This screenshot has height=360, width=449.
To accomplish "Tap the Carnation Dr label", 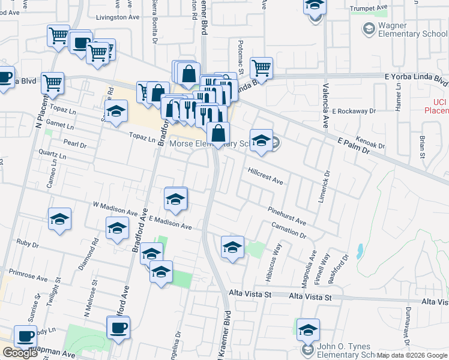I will tap(289, 230).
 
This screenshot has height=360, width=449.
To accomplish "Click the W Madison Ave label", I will tap(115, 211).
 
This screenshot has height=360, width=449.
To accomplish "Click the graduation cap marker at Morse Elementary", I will tap(261, 141).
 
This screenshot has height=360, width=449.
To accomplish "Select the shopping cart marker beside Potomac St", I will tap(262, 68).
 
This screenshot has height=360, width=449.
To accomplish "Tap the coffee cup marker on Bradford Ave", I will tap(118, 328).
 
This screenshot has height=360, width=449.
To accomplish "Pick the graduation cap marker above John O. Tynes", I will tap(308, 329).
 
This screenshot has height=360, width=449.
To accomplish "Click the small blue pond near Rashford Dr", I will tap(359, 251).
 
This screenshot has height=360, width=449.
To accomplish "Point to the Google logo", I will tap(20, 353).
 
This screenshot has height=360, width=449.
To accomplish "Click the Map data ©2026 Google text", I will tap(415, 355).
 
